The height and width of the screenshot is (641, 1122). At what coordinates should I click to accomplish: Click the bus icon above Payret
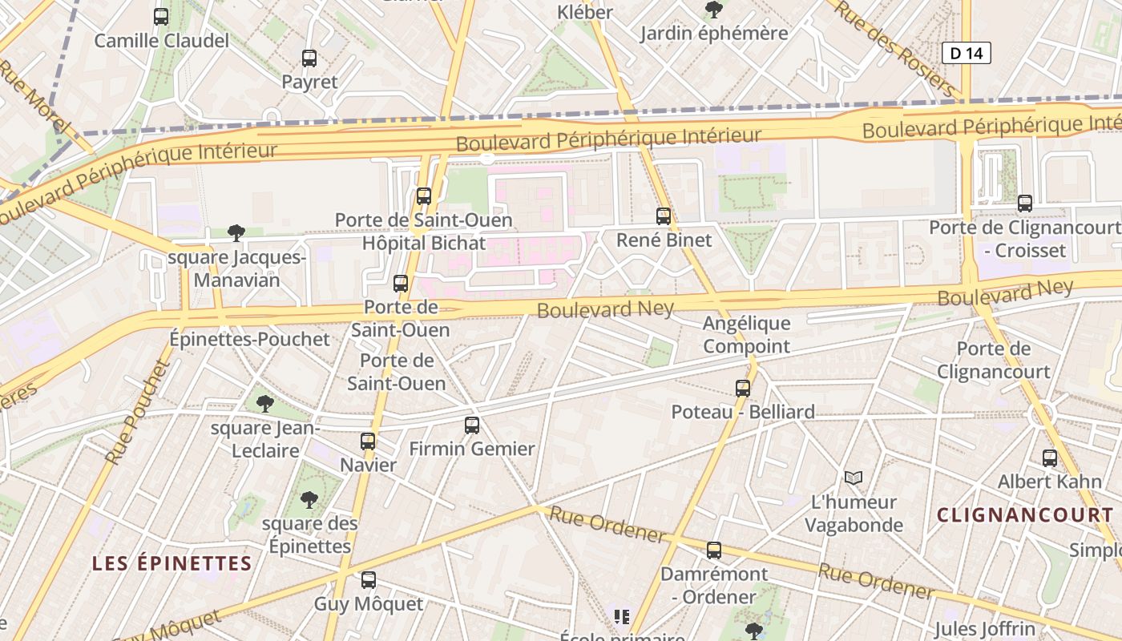point(309,58)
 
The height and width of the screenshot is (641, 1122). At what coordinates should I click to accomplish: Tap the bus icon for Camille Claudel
point(161,16)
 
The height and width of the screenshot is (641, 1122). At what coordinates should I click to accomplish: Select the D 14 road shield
point(966,53)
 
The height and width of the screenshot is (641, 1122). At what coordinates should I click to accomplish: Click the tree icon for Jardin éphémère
point(713,10)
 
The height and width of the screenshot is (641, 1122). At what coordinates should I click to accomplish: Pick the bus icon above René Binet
point(664,216)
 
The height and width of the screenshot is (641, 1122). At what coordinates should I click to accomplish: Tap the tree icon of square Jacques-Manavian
point(236,233)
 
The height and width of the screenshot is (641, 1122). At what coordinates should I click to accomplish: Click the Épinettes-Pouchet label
point(249,339)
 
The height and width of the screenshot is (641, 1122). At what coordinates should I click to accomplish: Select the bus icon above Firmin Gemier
point(472,425)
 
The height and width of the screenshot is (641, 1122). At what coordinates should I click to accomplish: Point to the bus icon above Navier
point(368,441)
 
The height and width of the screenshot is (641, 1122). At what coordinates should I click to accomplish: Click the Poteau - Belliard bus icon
point(743,388)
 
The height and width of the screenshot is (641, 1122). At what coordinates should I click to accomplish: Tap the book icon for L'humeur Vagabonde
point(854,478)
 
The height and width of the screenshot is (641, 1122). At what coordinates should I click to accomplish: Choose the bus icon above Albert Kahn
point(1050,458)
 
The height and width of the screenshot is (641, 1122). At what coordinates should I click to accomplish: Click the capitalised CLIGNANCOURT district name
point(1025,515)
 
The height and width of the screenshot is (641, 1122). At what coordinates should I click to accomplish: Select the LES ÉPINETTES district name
point(172,563)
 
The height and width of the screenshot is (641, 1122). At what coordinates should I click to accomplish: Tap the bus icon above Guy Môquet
point(369,579)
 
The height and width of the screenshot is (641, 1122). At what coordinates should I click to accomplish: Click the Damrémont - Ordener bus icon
point(714,550)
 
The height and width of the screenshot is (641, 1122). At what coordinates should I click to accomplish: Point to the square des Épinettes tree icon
point(309,500)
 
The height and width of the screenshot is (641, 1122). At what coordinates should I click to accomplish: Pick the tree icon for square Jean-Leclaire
point(265,403)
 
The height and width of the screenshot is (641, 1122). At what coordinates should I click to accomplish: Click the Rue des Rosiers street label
point(895,49)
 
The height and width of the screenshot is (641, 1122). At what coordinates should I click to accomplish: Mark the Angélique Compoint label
point(746,335)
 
